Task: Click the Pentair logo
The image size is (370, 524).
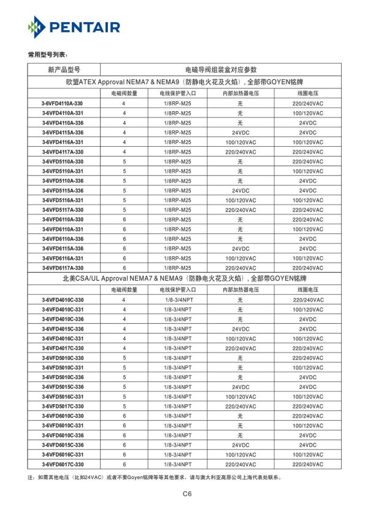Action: click(x=74, y=27)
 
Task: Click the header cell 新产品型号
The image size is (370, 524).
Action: click(x=63, y=69)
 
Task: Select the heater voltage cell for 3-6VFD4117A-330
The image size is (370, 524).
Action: click(x=241, y=152)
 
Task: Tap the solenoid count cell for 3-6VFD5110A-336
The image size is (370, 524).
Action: click(x=125, y=181)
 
